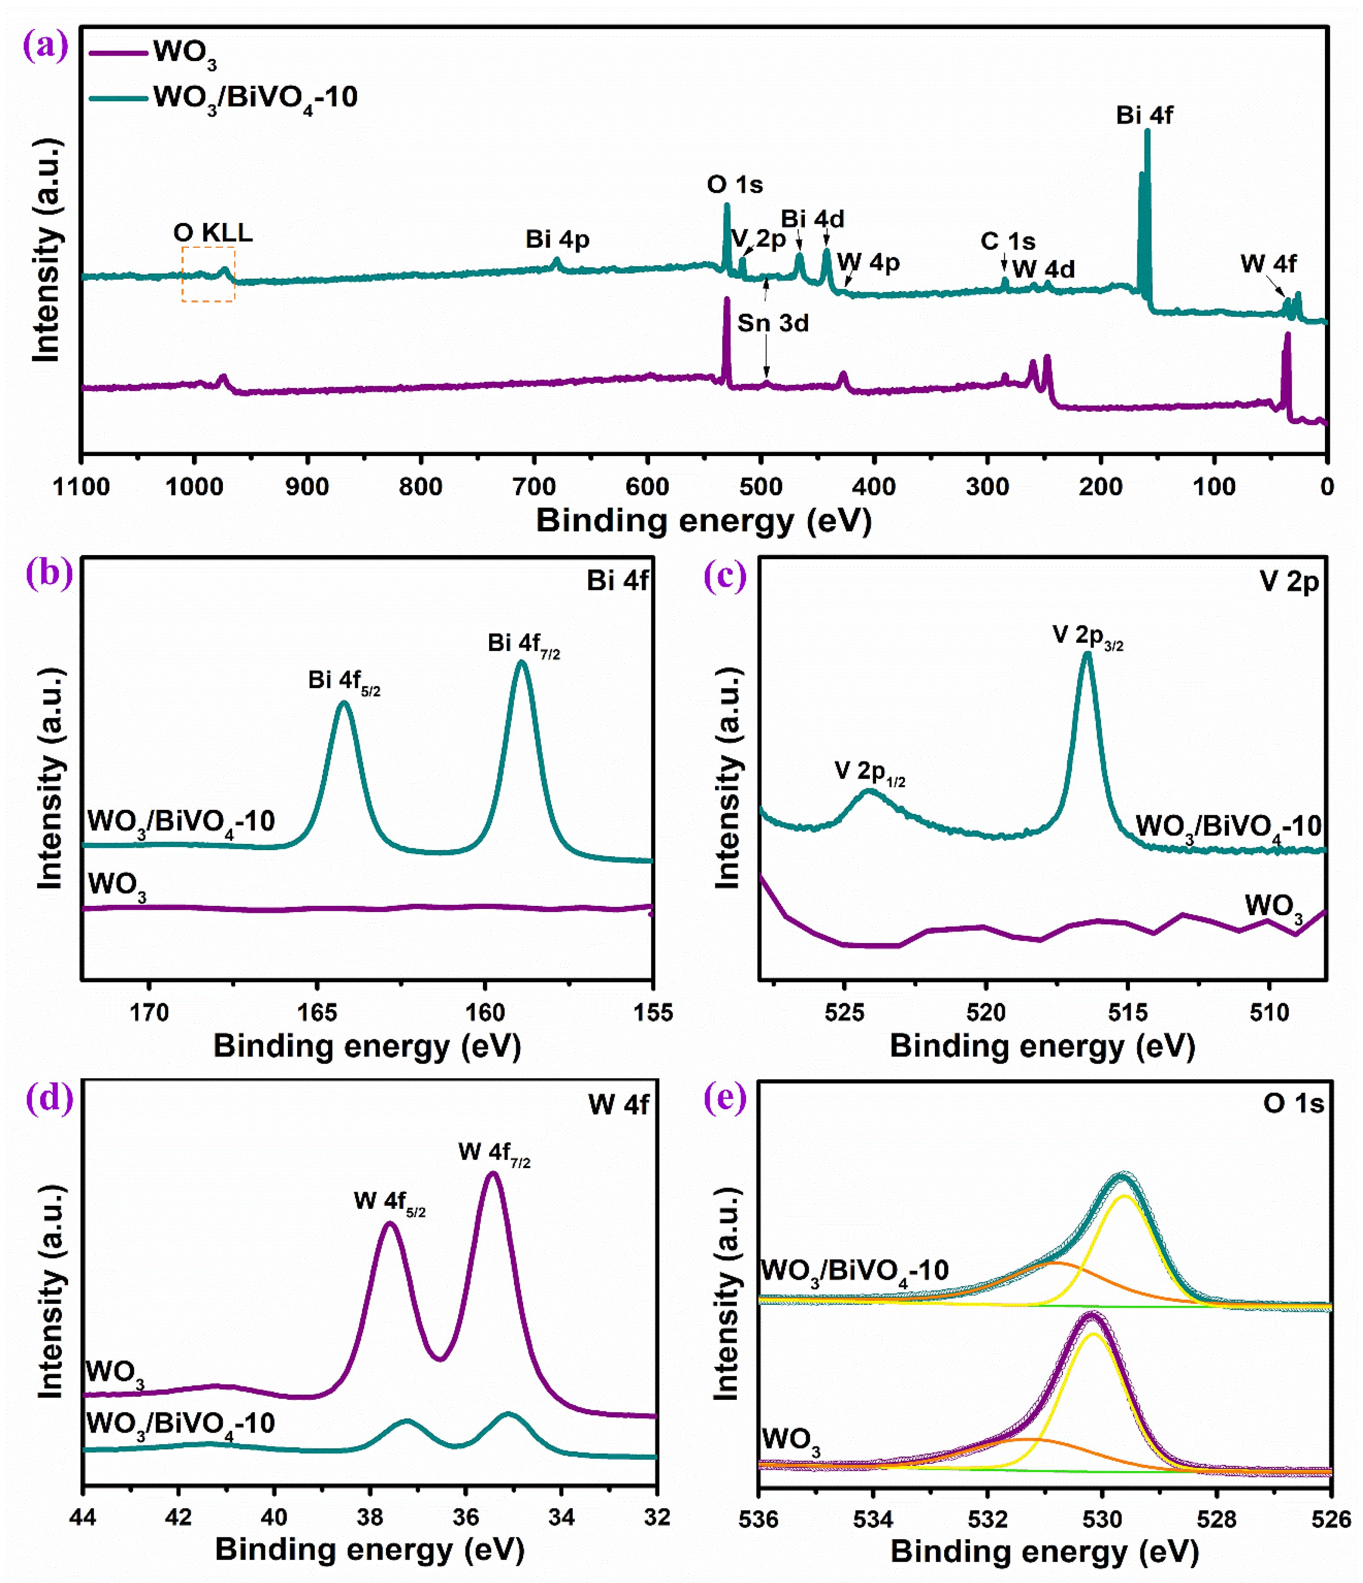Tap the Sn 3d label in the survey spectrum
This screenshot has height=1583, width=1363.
pyautogui.click(x=773, y=323)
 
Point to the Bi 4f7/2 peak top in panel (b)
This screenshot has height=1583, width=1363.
pyautogui.click(x=522, y=663)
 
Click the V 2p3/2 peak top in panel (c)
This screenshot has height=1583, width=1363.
pyautogui.click(x=1087, y=655)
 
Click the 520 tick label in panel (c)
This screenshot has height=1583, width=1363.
pyautogui.click(x=986, y=1012)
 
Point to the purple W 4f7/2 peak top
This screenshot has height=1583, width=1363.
pyautogui.click(x=493, y=1173)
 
